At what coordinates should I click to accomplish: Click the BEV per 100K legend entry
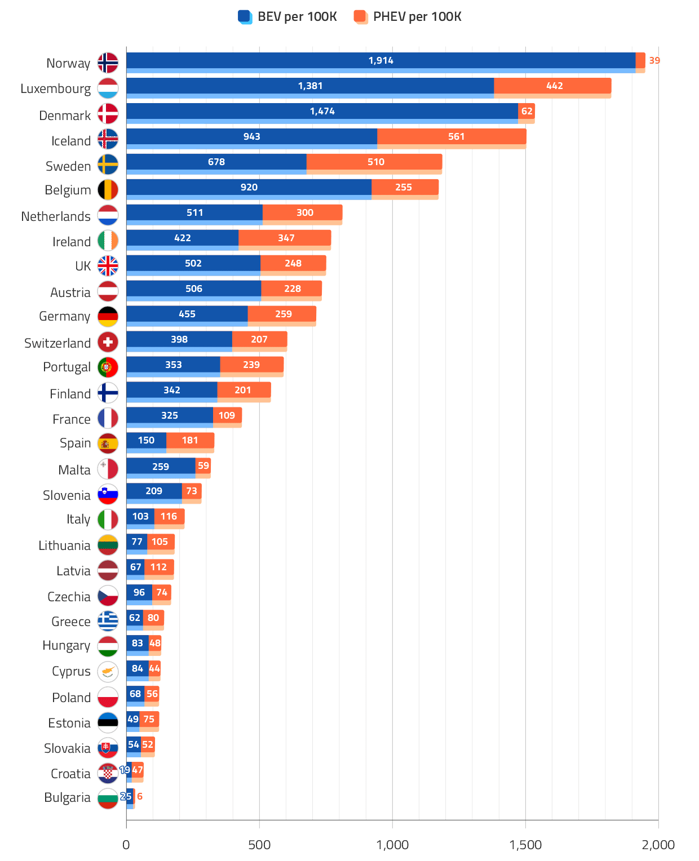pyautogui.click(x=288, y=17)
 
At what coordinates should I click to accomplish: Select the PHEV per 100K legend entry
pyautogui.click(x=408, y=17)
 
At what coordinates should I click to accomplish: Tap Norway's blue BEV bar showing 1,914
pyautogui.click(x=381, y=61)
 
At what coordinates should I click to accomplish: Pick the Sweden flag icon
pyautogui.click(x=108, y=165)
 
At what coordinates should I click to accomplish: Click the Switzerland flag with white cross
pyautogui.click(x=108, y=342)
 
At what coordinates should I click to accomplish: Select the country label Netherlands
pyautogui.click(x=56, y=216)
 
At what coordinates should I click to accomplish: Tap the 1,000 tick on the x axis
pyautogui.click(x=392, y=845)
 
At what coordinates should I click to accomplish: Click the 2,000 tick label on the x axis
pyautogui.click(x=658, y=845)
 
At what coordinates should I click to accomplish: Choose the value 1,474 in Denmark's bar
pyautogui.click(x=322, y=112)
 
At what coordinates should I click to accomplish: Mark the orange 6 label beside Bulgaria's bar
pyautogui.click(x=140, y=797)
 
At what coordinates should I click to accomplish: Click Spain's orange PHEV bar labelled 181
pyautogui.click(x=190, y=441)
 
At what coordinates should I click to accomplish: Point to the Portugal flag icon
pyautogui.click(x=108, y=367)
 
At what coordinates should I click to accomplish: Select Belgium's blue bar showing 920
pyautogui.click(x=249, y=188)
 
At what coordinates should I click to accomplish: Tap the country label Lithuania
pyautogui.click(x=64, y=545)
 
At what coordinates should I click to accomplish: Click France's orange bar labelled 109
pyautogui.click(x=227, y=416)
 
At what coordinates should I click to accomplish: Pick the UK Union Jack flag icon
pyautogui.click(x=108, y=266)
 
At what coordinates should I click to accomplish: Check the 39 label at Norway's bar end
pyautogui.click(x=654, y=60)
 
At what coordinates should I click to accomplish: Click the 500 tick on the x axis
pyautogui.click(x=259, y=845)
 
